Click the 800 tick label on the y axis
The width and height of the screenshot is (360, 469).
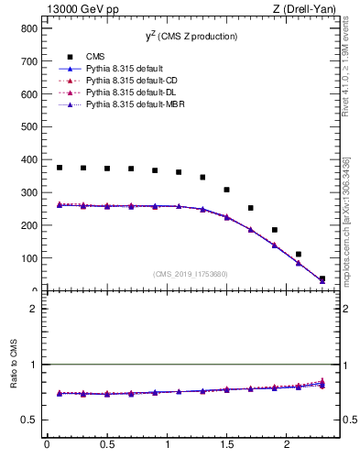[x=28, y=28]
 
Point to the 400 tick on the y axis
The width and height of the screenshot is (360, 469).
[x=28, y=159]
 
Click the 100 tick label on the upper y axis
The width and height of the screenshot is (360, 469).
[x=28, y=258]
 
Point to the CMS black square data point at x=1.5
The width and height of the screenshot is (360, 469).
[x=226, y=190]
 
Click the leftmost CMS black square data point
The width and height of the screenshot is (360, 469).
[x=60, y=168]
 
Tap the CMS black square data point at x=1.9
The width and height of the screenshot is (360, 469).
[x=274, y=230]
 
